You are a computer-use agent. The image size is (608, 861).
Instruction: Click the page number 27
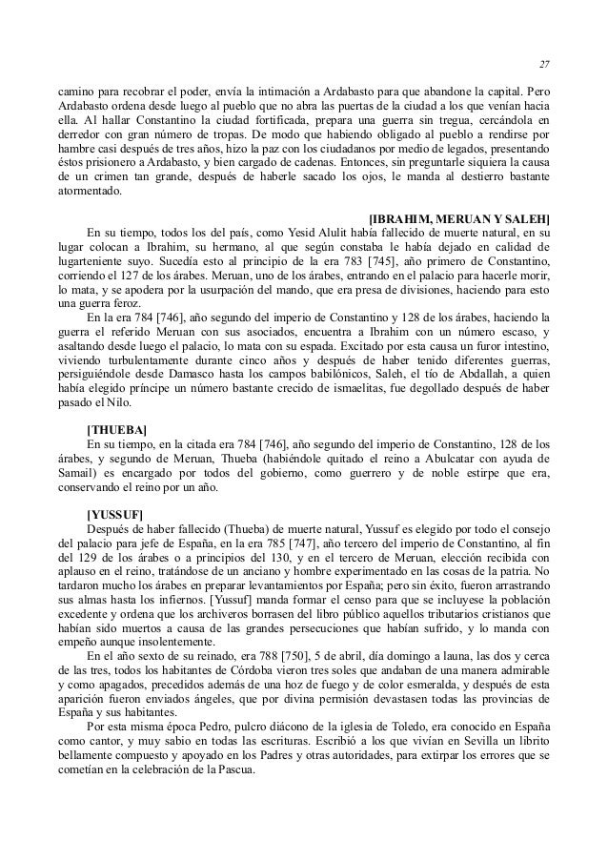pyautogui.click(x=544, y=64)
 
